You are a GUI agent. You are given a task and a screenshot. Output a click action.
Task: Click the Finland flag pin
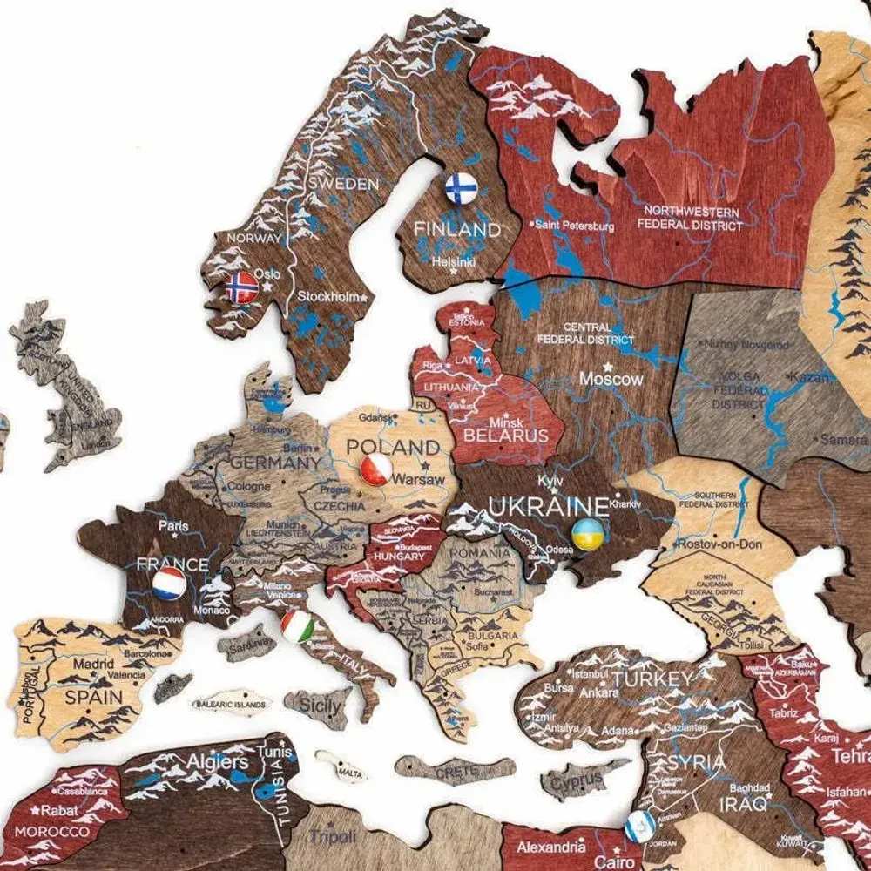pos(461,187)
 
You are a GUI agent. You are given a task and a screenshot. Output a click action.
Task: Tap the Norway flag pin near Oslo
pos(242,287)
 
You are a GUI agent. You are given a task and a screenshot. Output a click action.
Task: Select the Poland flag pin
pos(376,470)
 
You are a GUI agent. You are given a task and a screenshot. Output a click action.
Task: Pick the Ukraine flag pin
pos(588,533)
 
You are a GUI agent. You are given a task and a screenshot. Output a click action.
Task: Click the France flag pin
pos(169,584)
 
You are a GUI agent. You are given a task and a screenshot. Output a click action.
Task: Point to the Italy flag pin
pos(298,625)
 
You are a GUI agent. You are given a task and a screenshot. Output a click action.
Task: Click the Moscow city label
pos(612,379)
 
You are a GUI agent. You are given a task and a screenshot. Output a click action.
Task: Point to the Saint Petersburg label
pos(575,226)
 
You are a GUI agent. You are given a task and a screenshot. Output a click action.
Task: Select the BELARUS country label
pos(506,435)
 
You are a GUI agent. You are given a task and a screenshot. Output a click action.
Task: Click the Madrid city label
pos(93,664)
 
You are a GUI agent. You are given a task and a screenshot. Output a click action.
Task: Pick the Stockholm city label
pos(327,296)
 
